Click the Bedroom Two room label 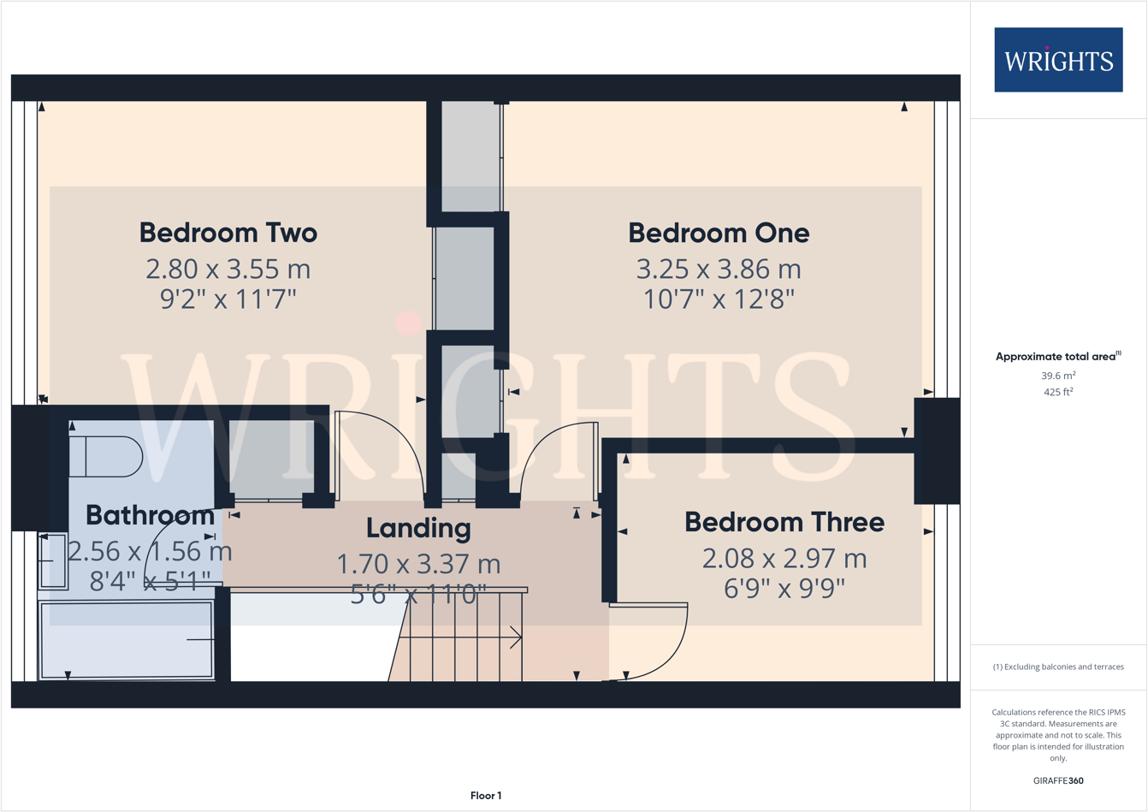[x=228, y=233]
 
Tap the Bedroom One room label [x=718, y=233]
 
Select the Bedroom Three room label [x=784, y=522]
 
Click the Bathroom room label [x=150, y=515]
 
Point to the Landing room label [x=418, y=528]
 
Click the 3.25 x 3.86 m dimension [x=718, y=270]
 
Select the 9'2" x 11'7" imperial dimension [x=228, y=299]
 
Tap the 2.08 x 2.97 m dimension [x=784, y=559]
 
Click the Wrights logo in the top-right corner [x=1057, y=60]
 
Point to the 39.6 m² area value [x=1057, y=376]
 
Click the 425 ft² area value [x=1057, y=393]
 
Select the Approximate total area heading [x=1057, y=357]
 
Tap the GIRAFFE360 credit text [x=1057, y=780]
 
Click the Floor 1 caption [x=486, y=796]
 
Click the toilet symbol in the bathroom [x=106, y=457]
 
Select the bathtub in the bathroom [x=127, y=640]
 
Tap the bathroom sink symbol [x=53, y=561]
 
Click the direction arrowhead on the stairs [x=517, y=637]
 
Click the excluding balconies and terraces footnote [x=1057, y=667]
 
